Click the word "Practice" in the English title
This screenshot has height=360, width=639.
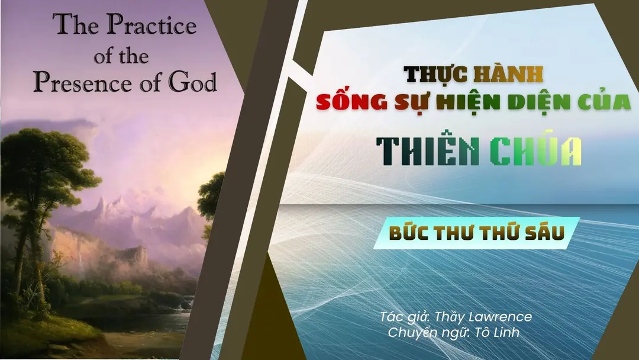click(x=151, y=25)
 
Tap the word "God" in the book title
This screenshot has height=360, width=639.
click(x=193, y=82)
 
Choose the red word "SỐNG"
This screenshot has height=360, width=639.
click(x=351, y=101)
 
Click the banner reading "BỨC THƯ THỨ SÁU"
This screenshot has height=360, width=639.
click(x=476, y=233)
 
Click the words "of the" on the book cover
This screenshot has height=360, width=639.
click(x=121, y=56)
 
